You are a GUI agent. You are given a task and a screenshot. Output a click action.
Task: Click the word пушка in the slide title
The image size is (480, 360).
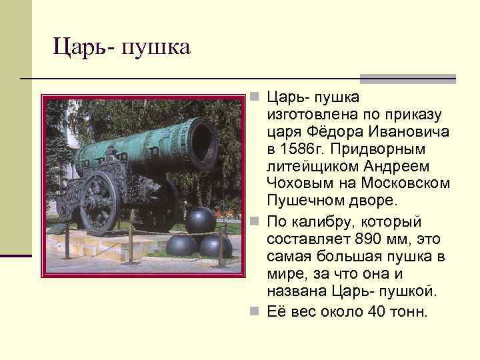158,47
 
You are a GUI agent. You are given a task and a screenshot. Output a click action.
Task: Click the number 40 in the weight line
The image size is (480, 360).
376,312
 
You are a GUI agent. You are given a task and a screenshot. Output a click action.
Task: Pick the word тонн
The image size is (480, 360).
407,312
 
